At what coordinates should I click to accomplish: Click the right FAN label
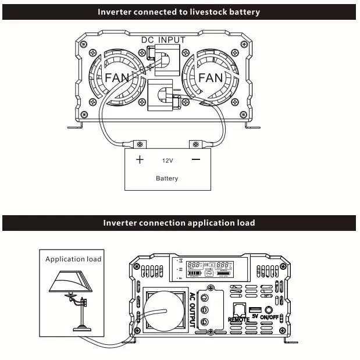211,78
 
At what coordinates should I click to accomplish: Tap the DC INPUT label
164,40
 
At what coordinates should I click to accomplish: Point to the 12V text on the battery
167,161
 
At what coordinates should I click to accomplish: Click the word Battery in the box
167,179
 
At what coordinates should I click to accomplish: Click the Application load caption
73,259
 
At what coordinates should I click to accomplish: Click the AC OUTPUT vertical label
193,310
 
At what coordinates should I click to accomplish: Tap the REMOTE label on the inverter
239,319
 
